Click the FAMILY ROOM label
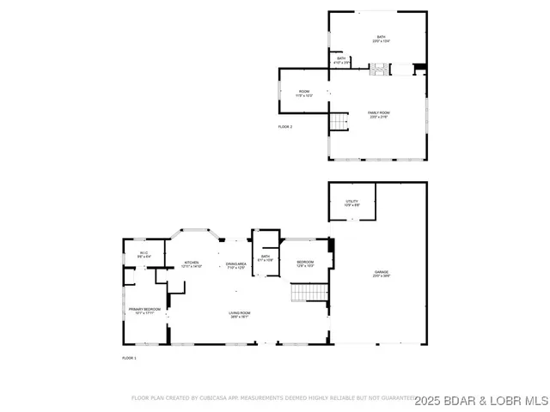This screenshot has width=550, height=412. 378,113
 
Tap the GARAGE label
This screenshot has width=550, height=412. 381,272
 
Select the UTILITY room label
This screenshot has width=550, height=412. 352,201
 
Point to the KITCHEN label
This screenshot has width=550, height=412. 192,263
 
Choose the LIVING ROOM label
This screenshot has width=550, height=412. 239,312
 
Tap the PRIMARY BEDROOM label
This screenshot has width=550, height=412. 145,308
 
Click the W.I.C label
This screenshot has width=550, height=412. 144,252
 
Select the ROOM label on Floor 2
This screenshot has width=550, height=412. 303,92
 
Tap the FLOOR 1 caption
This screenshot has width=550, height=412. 129,357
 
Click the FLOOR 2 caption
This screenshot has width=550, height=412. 284,126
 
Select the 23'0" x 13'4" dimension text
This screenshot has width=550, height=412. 381,41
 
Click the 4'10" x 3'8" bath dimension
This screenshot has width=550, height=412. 341,63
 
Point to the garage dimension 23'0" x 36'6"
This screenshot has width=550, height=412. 381,276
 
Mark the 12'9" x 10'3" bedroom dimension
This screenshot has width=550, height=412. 305,266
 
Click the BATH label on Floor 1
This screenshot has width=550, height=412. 266,256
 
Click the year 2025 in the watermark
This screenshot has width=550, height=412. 429,400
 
